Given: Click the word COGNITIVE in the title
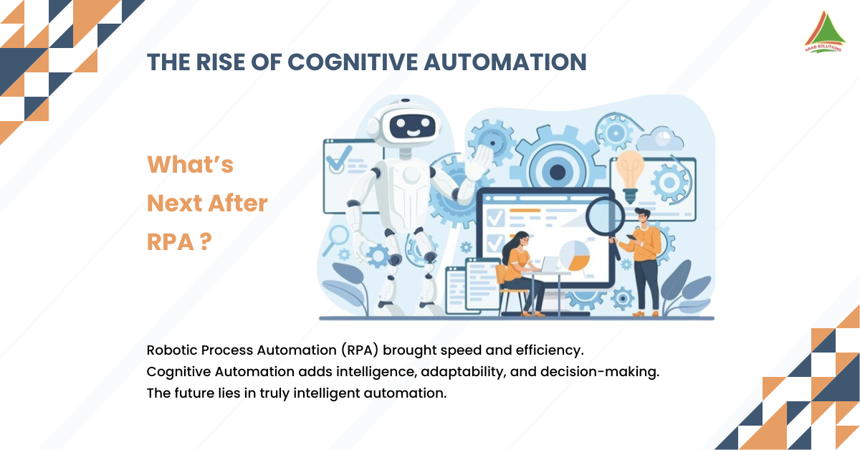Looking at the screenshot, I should (x=352, y=62).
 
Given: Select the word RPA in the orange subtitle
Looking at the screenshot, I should (x=170, y=242).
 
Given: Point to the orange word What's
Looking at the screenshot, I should (x=190, y=165).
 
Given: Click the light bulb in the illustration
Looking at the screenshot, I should (x=630, y=170).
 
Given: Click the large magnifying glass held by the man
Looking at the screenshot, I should (x=603, y=214).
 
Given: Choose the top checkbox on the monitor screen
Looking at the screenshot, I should (x=495, y=216).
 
